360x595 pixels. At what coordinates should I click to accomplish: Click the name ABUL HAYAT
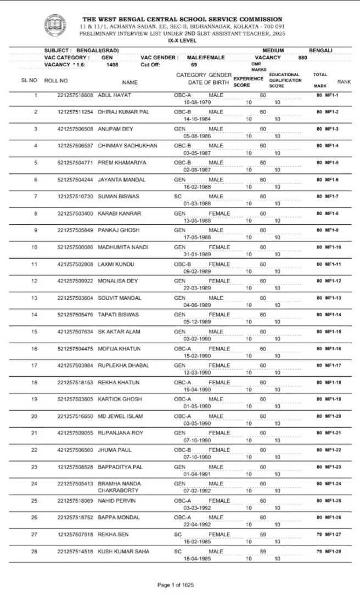pos(114,95)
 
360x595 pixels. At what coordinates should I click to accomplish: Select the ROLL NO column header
pos(56,81)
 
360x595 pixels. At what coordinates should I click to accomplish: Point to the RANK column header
pos(344,81)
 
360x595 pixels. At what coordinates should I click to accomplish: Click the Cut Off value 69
pos(194,65)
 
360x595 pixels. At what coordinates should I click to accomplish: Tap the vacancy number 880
pos(303,58)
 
